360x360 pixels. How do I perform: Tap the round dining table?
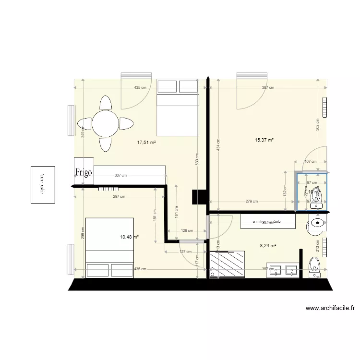point(106,123)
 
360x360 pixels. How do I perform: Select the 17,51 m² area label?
point(147,142)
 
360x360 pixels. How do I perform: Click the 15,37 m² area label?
point(264,140)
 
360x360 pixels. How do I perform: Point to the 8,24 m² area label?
point(268,246)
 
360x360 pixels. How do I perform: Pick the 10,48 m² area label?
point(129,237)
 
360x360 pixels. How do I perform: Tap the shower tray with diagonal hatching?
point(227,264)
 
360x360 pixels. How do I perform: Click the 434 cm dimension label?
point(218,145)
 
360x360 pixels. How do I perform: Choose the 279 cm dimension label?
point(252,202)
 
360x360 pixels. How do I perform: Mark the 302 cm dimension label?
point(317,125)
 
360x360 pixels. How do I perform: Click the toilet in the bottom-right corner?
point(315,265)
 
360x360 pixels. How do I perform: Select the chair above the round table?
point(106,102)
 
